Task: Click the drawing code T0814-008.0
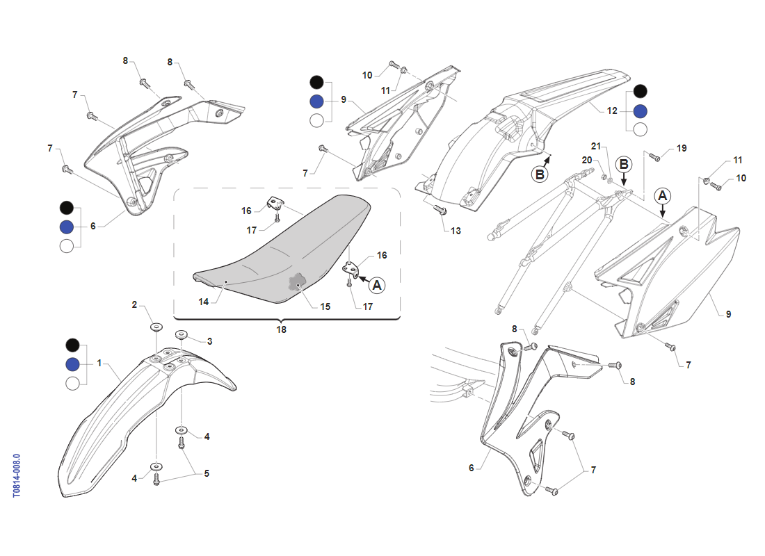pyautogui.click(x=17, y=475)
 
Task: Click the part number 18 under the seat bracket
pyautogui.click(x=282, y=329)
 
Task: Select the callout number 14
pyautogui.click(x=204, y=302)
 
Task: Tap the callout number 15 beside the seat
pyautogui.click(x=325, y=306)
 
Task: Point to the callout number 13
pyautogui.click(x=456, y=231)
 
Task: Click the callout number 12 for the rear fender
pyautogui.click(x=612, y=111)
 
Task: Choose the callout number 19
pyautogui.click(x=682, y=148)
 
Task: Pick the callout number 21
pyautogui.click(x=596, y=147)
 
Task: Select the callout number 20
pyautogui.click(x=587, y=160)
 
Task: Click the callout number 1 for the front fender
pyautogui.click(x=99, y=363)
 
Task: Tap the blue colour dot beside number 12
pyautogui.click(x=640, y=111)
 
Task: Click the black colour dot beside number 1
pyautogui.click(x=73, y=345)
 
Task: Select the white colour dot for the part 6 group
pyautogui.click(x=67, y=246)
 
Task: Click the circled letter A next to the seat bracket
pyautogui.click(x=377, y=286)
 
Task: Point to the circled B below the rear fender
pyautogui.click(x=540, y=174)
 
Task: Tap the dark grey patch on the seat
pyautogui.click(x=297, y=281)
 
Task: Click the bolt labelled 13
pyautogui.click(x=440, y=210)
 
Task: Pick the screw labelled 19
pyautogui.click(x=654, y=157)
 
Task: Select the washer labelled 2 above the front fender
pyautogui.click(x=156, y=326)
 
